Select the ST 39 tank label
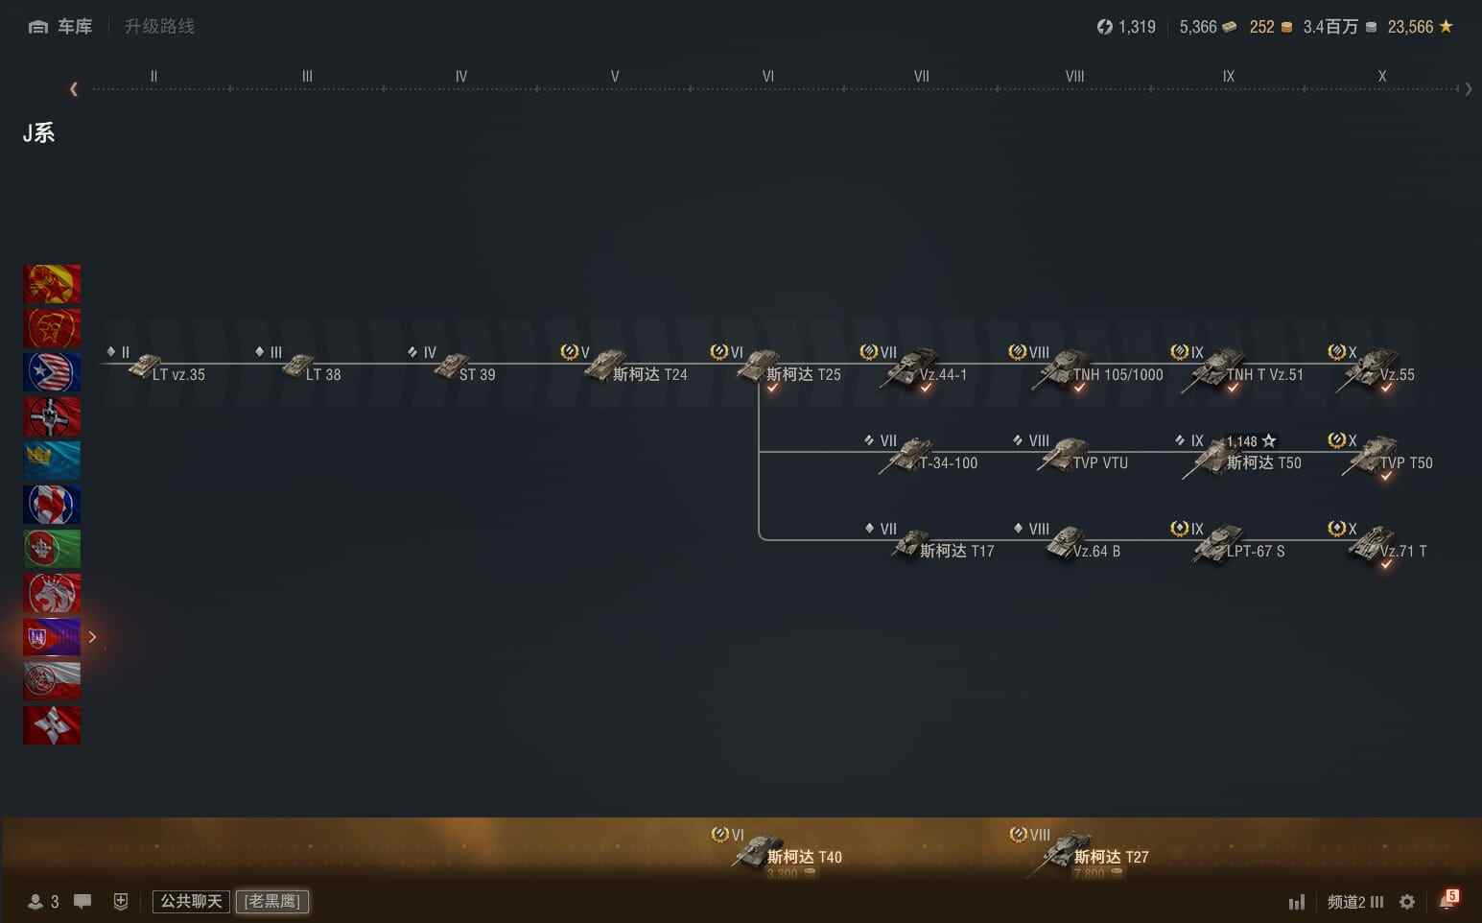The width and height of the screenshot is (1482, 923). pos(477,375)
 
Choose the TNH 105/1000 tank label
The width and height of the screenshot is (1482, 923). pos(1117,375)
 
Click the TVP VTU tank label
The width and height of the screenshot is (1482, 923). pos(1100,463)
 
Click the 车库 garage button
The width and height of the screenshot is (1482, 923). pos(61,27)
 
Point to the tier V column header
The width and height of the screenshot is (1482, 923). pos(615,77)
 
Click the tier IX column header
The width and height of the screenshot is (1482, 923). pos(1229,77)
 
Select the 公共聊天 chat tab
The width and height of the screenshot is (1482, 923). pos(191,901)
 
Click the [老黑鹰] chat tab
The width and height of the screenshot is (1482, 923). pos(272,901)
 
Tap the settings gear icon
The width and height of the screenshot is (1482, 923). pos(1407,902)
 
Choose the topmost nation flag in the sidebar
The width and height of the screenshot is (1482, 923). pos(52,284)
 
